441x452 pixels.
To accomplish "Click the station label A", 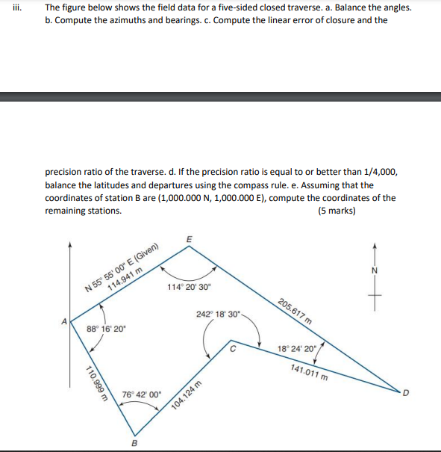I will pyautogui.click(x=65, y=321).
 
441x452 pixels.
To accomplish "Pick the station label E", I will pyautogui.click(x=188, y=238).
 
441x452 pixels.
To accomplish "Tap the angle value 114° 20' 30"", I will pyautogui.click(x=190, y=286).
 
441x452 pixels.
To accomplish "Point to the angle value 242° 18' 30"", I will pyautogui.click(x=219, y=314).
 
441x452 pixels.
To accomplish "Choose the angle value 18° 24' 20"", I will pyautogui.click(x=297, y=348).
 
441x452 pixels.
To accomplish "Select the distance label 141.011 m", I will pyautogui.click(x=308, y=371).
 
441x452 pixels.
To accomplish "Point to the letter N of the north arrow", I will pyautogui.click(x=375, y=270).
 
